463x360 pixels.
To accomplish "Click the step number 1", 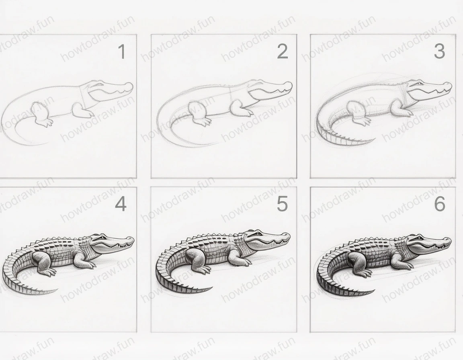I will (x=121, y=52).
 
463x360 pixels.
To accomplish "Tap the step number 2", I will (x=283, y=52).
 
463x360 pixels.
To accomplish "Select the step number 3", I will (x=439, y=51).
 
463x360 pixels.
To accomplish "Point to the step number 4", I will (x=121, y=205).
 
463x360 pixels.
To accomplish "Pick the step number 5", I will (x=282, y=205).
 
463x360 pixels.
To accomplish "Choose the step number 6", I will (x=440, y=205).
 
